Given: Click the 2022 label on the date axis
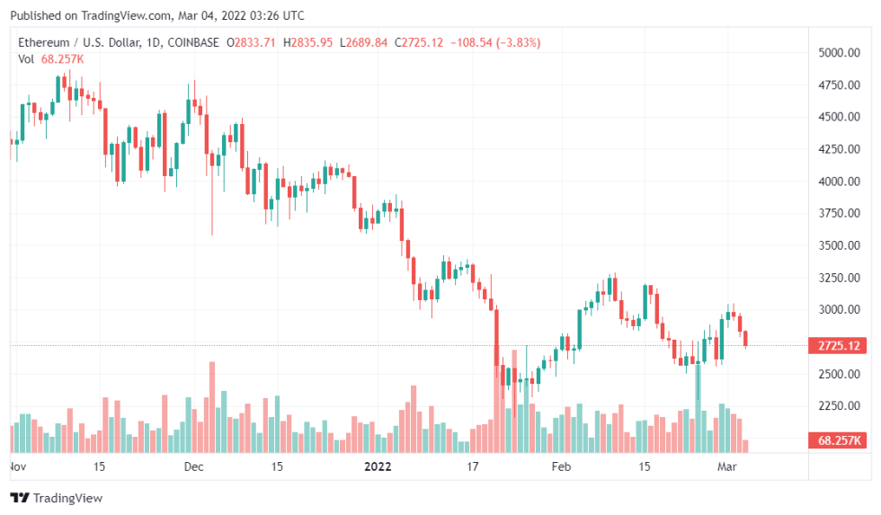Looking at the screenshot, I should pyautogui.click(x=378, y=466).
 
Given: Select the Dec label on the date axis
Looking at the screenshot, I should pyautogui.click(x=193, y=466).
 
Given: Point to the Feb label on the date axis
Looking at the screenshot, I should pyautogui.click(x=561, y=466).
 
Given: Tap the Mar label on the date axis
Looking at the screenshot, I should pyautogui.click(x=726, y=466).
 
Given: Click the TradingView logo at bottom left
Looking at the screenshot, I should pyautogui.click(x=56, y=497).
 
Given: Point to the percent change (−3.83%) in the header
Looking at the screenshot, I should pyautogui.click(x=512, y=42).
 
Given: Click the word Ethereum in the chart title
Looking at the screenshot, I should pyautogui.click(x=45, y=42).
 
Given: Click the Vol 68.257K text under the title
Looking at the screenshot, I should pyautogui.click(x=51, y=58).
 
